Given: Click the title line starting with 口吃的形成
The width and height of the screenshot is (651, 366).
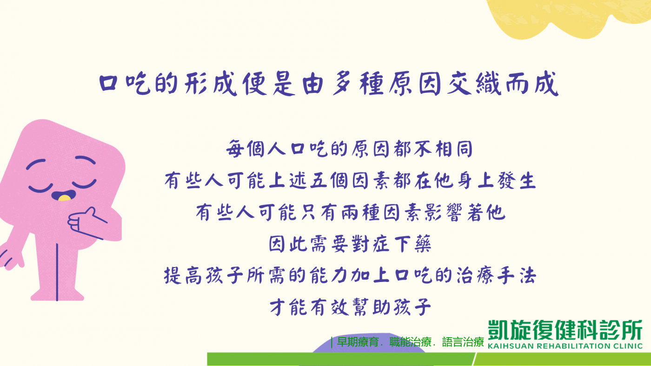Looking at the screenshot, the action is (328, 84).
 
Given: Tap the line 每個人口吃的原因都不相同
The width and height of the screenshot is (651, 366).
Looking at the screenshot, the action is (349, 149).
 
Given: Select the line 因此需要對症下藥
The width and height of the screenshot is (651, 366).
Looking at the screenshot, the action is (350, 244).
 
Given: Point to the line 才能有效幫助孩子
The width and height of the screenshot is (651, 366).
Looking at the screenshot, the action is (350, 307).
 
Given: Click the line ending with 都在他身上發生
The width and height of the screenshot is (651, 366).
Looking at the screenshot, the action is (350, 181).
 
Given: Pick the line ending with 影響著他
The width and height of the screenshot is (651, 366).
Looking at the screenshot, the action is (351, 212).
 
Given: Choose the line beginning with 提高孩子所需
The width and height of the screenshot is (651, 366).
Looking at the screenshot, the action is (350, 275).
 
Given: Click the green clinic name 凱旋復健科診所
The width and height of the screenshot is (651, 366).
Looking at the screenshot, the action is (565, 330).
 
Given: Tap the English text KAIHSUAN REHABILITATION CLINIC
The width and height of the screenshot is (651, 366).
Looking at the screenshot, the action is (565, 346).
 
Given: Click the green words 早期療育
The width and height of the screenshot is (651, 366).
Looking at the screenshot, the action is (358, 342).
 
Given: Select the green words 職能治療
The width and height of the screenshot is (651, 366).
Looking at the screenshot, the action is (410, 342).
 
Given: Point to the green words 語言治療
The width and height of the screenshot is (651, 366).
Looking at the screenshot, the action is (463, 342).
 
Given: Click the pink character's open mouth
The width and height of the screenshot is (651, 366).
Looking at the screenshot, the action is (64, 196).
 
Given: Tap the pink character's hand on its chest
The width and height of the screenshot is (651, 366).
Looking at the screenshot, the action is (87, 223).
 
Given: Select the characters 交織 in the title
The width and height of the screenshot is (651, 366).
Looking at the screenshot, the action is (474, 84).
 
